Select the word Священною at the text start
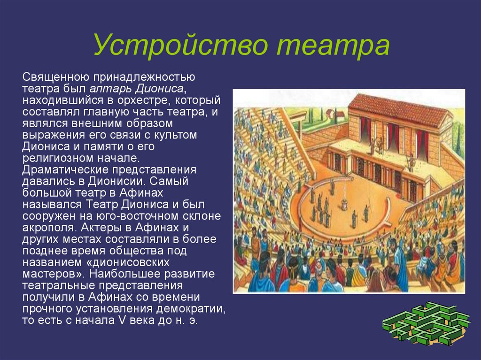click(x=55, y=77)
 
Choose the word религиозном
click(x=56, y=158)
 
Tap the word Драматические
click(x=64, y=170)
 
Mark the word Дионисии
click(x=116, y=181)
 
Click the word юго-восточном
click(x=138, y=216)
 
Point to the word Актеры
click(x=103, y=228)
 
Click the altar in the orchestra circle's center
click(x=345, y=203)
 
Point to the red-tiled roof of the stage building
click(x=400, y=108)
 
